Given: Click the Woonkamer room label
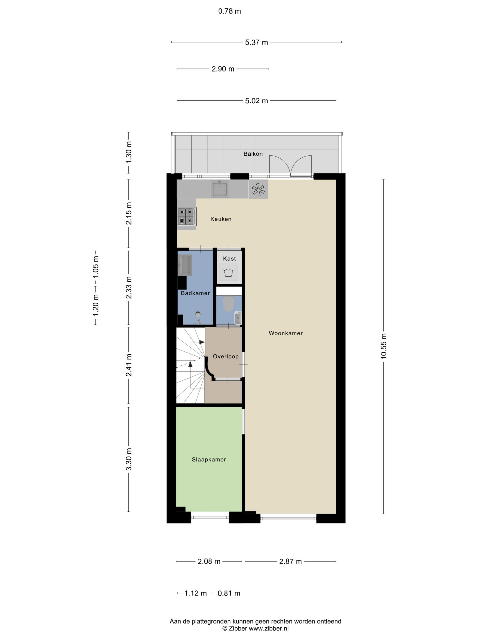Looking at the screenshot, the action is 286,333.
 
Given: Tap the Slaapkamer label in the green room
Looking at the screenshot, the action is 209,459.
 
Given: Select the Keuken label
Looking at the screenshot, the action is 221,219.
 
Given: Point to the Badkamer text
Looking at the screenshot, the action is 195,293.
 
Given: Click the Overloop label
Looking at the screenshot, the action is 226,356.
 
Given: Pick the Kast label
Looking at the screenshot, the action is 229,259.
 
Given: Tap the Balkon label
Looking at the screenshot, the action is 253,154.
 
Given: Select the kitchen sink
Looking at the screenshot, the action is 219,189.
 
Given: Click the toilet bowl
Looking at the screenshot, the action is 228,304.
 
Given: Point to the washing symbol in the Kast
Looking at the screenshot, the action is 228,272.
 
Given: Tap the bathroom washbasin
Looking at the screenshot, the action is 185,265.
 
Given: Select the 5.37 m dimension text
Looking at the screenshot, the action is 256,42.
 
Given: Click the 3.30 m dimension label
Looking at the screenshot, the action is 129,460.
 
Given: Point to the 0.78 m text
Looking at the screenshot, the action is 229,11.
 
